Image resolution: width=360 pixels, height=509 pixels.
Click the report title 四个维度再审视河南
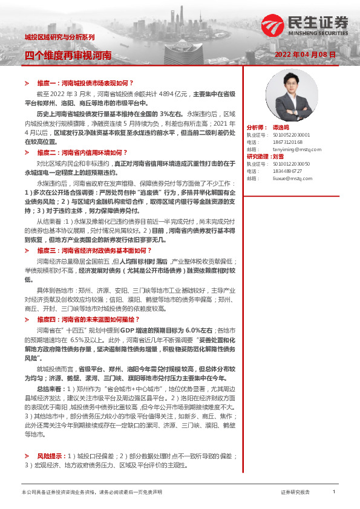point(68,55)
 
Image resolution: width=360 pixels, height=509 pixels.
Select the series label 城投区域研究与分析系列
point(59,37)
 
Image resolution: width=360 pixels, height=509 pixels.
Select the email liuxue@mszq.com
point(280,178)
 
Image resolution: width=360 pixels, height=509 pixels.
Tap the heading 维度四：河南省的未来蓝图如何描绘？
point(88,319)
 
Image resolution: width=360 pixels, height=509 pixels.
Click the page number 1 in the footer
point(333,492)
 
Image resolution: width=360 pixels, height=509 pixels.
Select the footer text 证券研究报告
point(295,493)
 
